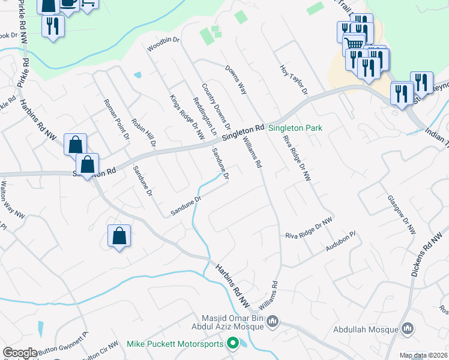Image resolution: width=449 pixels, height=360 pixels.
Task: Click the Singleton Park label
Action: [x=295, y=128]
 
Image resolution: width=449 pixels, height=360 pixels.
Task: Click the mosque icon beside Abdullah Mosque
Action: [x=408, y=329]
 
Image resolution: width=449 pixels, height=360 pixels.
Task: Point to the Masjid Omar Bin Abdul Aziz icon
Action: [x=273, y=322]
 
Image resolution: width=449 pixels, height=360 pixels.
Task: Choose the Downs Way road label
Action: [x=236, y=80]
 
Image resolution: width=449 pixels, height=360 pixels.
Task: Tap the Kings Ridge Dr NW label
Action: [x=187, y=118]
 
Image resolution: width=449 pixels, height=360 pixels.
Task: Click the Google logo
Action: [x=20, y=353]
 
